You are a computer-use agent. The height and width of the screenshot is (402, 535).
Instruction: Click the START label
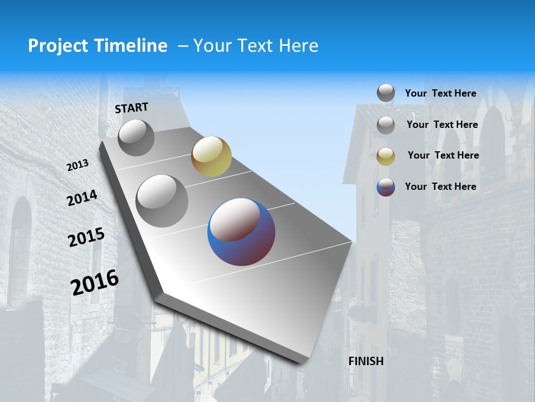(x=132, y=108)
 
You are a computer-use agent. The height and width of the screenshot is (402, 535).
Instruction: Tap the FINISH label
(x=366, y=361)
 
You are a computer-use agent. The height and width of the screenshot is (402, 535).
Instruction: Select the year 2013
(x=78, y=165)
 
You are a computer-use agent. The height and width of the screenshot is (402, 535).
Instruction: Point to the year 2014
(x=82, y=198)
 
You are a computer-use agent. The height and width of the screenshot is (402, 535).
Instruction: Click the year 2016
(x=95, y=282)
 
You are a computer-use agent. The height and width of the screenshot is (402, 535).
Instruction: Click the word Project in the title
(x=57, y=46)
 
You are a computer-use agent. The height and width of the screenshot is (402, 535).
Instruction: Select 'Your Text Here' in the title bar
(x=256, y=46)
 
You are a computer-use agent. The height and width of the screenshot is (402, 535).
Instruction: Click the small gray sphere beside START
(x=136, y=137)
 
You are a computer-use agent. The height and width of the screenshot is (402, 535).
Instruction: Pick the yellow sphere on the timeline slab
(x=211, y=156)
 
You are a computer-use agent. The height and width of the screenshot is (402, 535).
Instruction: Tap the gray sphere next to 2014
(x=162, y=200)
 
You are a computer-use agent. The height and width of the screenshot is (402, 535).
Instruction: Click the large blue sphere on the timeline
(x=241, y=231)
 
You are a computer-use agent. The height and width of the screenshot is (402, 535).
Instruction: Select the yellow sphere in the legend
(x=386, y=156)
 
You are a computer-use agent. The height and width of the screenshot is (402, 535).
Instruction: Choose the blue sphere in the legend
(x=386, y=187)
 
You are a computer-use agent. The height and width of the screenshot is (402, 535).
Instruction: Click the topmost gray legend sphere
(x=386, y=93)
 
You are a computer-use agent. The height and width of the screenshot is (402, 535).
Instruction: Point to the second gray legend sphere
(x=386, y=125)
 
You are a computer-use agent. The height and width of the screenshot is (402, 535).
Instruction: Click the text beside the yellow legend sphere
(x=443, y=155)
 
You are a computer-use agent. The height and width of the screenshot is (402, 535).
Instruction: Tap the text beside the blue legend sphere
(x=440, y=186)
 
